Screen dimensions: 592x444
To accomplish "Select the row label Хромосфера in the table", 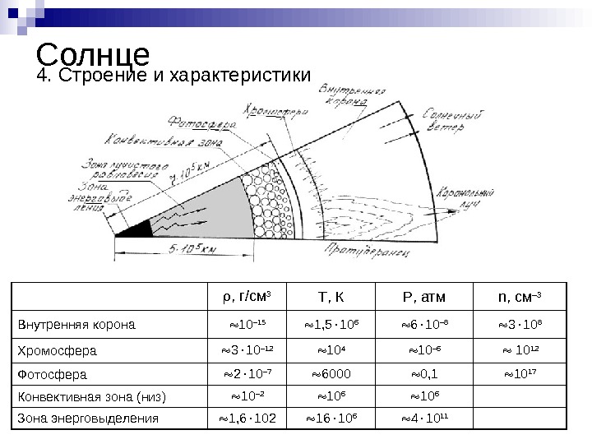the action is click(58, 351).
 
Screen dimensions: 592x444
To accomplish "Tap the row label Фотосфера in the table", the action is click(53, 375).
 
